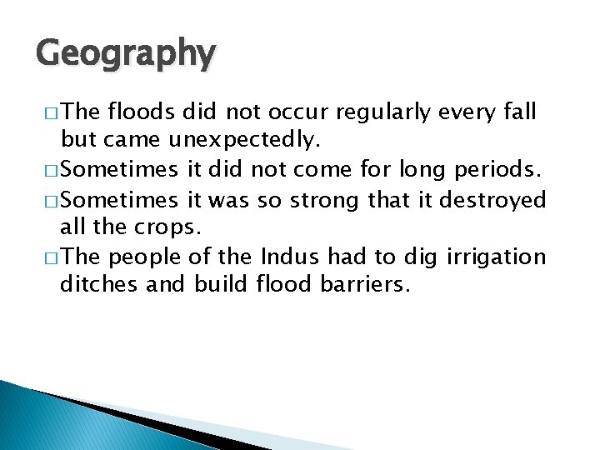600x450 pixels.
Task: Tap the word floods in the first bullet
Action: (141, 112)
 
